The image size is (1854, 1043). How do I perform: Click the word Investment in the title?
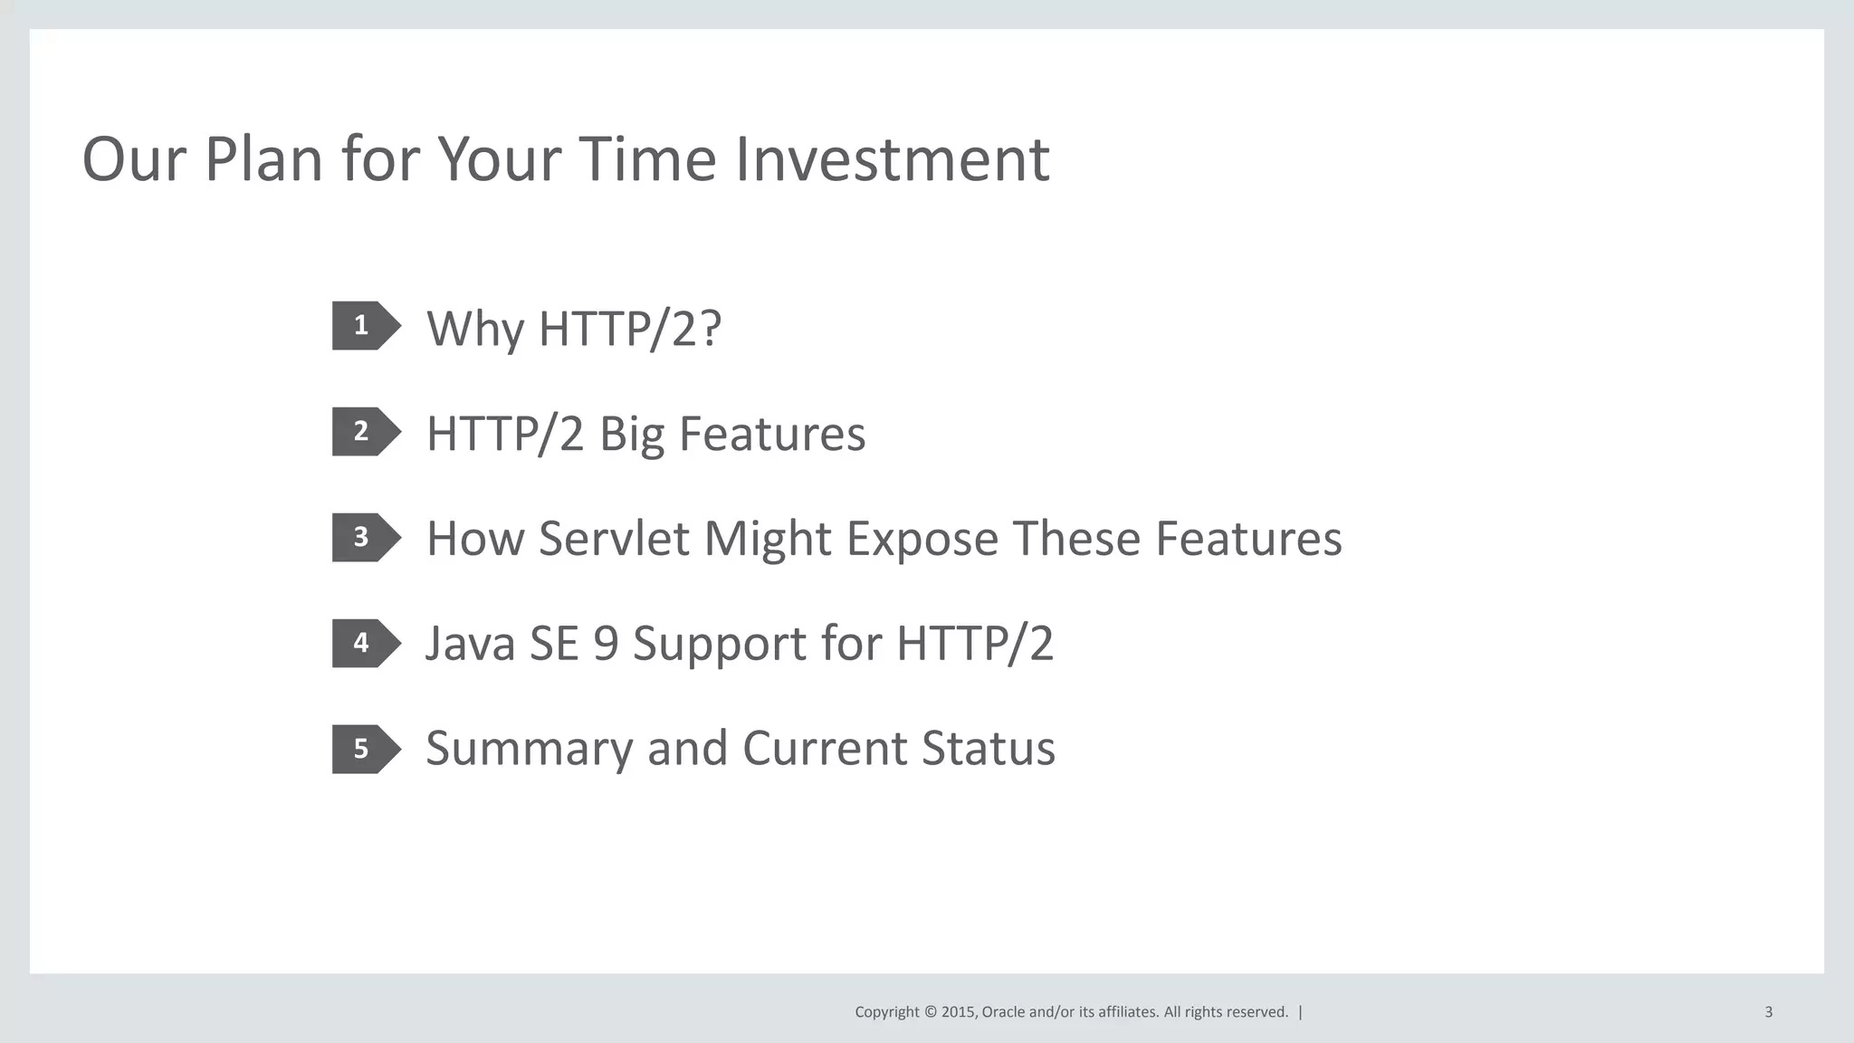point(891,159)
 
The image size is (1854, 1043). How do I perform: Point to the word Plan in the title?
point(263,159)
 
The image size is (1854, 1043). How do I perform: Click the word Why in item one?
point(474,329)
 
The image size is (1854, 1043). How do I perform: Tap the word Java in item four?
point(470,644)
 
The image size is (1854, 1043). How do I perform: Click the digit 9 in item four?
point(606,644)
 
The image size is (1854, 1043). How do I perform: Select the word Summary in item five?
point(530,750)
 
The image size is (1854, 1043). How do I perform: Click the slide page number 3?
point(1768,1012)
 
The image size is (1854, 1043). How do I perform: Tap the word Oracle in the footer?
point(1003,1012)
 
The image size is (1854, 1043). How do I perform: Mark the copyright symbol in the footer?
point(930,1012)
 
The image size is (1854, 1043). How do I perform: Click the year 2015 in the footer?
point(958,1012)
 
